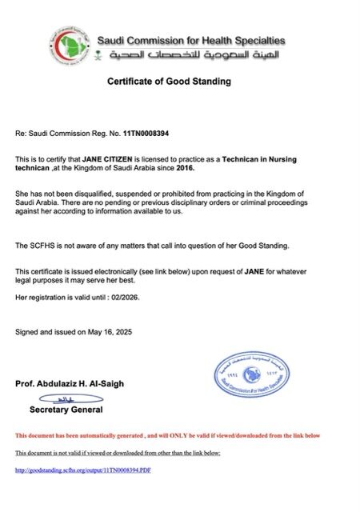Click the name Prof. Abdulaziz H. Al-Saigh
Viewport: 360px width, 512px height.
(x=70, y=384)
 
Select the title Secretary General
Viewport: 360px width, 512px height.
(x=66, y=410)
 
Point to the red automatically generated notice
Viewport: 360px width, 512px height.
(x=168, y=435)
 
